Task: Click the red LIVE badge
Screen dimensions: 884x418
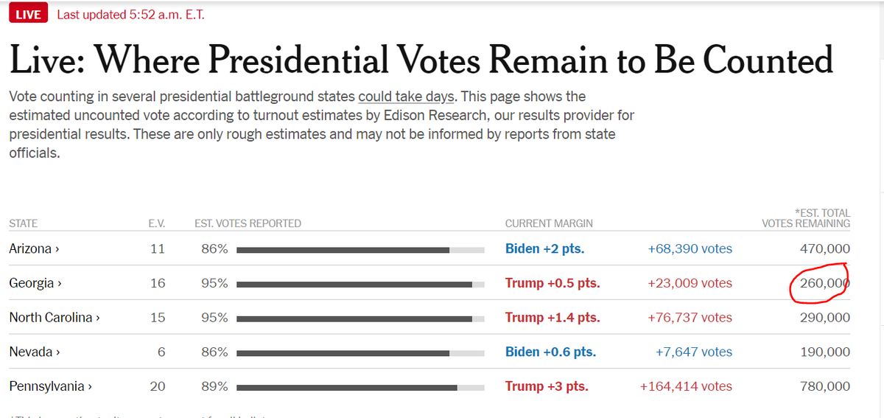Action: click(x=29, y=13)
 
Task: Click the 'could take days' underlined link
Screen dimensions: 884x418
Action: click(x=406, y=97)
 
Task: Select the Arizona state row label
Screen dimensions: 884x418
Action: click(x=34, y=248)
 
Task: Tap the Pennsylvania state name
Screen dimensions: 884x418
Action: click(x=51, y=386)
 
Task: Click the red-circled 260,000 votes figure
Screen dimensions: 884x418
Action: click(x=825, y=283)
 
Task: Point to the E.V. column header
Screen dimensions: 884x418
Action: click(x=157, y=223)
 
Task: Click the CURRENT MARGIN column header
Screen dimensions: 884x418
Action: click(x=549, y=223)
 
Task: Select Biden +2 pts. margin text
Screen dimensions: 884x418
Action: click(x=544, y=248)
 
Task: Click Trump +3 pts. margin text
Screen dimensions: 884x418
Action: click(x=547, y=386)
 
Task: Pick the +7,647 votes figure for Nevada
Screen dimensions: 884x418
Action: click(x=694, y=352)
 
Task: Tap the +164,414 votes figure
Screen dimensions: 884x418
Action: click(x=686, y=386)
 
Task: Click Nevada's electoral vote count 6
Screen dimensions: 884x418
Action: click(x=161, y=352)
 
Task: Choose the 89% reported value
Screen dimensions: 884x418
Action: click(x=214, y=386)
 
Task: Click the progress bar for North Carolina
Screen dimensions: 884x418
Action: click(x=360, y=318)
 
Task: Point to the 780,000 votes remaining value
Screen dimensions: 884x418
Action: click(x=825, y=386)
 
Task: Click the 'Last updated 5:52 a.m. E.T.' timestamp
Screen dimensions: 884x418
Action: click(x=130, y=15)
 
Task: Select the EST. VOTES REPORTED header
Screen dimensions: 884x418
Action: click(x=248, y=223)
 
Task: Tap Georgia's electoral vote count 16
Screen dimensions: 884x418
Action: click(x=158, y=283)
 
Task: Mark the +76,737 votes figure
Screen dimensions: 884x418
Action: click(x=690, y=317)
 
